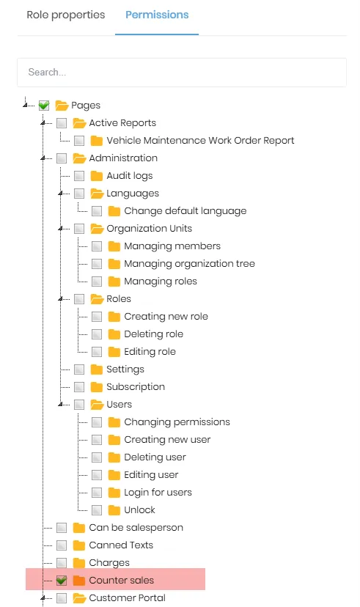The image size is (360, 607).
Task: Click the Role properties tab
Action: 66,15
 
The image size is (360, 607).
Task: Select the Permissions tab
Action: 157,15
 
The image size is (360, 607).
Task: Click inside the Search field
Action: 182,73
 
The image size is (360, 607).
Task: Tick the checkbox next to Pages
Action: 44,106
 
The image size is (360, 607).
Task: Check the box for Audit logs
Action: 79,176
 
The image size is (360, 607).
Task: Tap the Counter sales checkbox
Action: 62,581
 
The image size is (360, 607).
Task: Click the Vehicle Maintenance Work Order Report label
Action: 200,141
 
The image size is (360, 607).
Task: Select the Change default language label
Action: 185,211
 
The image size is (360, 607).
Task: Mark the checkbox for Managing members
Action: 97,246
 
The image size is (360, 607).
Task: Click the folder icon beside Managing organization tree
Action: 114,264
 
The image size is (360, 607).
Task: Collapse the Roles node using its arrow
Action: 61,299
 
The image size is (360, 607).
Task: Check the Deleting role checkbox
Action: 97,334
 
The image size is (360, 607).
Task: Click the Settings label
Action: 125,369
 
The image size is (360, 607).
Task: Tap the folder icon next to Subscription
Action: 96,387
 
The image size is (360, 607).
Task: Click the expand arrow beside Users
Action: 61,405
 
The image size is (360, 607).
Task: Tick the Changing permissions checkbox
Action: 97,422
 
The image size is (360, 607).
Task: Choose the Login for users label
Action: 158,493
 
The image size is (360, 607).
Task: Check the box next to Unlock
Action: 97,509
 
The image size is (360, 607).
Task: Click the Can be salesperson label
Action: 136,528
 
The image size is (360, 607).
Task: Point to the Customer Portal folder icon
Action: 79,598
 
